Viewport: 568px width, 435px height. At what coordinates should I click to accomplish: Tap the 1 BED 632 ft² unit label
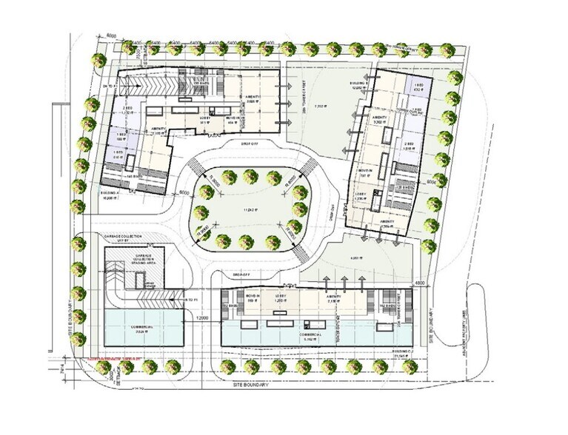coord(418,88)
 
